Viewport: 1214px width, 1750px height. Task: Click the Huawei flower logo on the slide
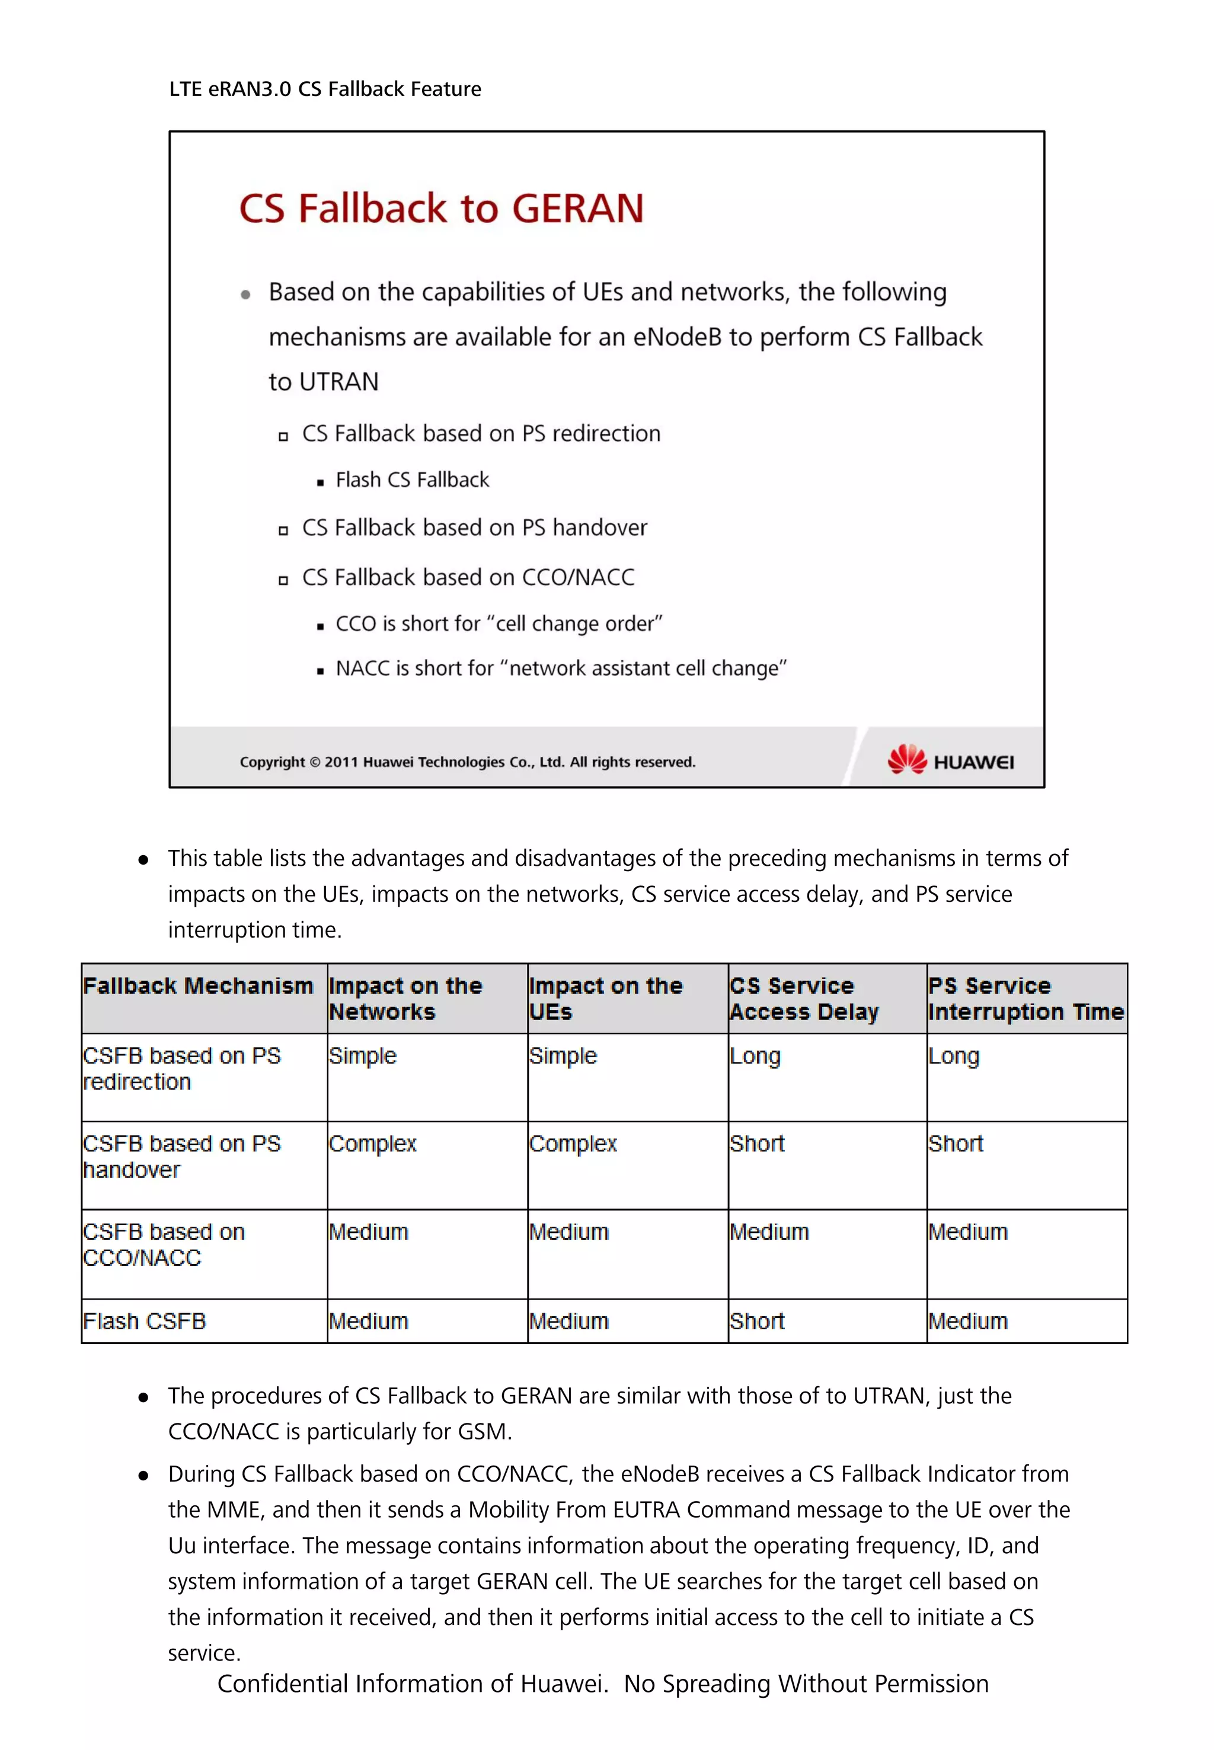907,759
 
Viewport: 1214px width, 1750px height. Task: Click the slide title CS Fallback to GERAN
441,209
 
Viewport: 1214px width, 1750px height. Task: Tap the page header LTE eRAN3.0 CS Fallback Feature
325,89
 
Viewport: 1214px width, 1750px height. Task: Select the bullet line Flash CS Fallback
412,480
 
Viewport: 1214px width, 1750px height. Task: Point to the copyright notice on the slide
467,762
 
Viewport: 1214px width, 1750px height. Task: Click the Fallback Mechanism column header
198,987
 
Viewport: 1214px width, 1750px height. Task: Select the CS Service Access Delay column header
803,999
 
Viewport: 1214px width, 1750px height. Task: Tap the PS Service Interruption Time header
1025,999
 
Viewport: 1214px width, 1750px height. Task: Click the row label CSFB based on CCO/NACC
164,1244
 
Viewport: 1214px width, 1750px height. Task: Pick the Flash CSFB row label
145,1321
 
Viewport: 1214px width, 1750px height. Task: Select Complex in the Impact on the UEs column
573,1144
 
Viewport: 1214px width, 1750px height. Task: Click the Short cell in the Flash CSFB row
757,1321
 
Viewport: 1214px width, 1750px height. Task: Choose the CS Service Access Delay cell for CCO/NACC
769,1232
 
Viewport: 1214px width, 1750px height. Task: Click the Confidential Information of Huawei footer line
602,1684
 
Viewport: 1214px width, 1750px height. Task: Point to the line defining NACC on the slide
561,668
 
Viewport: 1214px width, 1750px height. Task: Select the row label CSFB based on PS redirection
182,1068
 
